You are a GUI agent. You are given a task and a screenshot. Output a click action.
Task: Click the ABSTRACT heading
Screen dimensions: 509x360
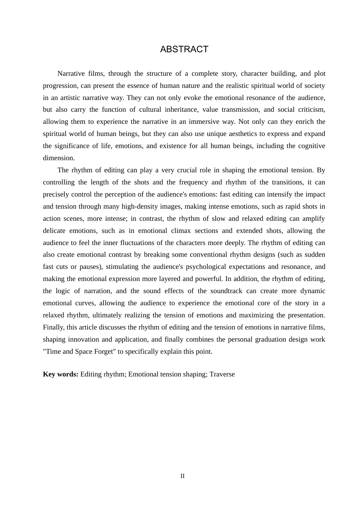(x=184, y=49)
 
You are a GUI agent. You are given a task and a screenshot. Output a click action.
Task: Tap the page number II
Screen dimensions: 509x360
(x=182, y=476)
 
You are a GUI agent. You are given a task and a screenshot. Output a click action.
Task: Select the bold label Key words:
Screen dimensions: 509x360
(x=61, y=374)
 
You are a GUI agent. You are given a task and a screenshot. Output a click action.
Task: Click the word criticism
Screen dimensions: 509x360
(x=311, y=110)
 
